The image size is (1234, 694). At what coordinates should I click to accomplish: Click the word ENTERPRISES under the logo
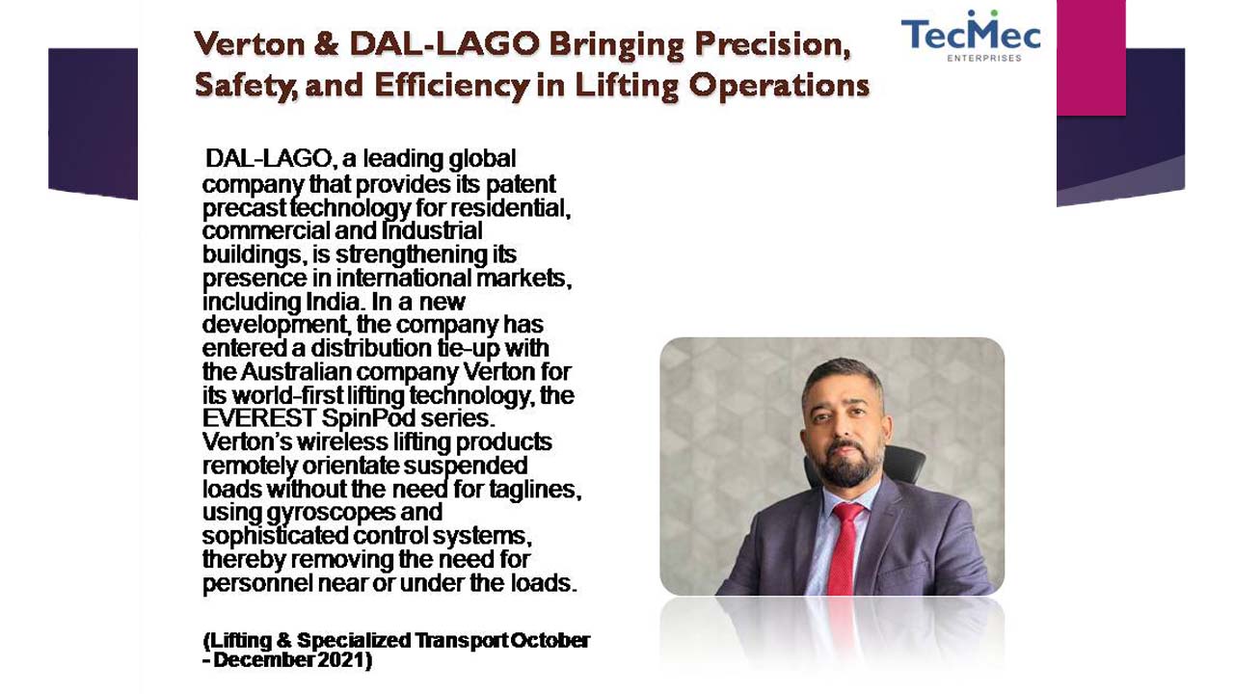point(984,58)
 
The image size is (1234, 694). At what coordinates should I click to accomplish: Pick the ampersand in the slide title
point(327,44)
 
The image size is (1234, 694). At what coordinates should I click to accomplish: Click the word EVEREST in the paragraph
point(258,418)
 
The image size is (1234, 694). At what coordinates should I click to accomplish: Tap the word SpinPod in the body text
point(368,419)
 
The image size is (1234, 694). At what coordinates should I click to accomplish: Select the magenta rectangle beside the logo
point(1090,57)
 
